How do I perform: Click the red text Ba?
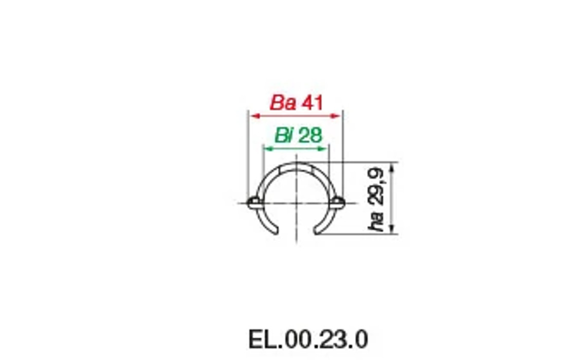coord(283,103)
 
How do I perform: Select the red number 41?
coord(312,103)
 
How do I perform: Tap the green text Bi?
coord(284,136)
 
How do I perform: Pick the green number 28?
coord(310,136)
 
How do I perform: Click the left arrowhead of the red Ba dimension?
coord(252,116)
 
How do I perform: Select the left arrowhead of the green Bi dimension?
coord(266,149)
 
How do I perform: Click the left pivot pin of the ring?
coord(253,203)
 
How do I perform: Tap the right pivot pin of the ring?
coord(338,203)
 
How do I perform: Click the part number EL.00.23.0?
coord(308,339)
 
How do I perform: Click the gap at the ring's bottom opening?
coord(296,231)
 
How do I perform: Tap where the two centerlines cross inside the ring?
coord(296,203)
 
